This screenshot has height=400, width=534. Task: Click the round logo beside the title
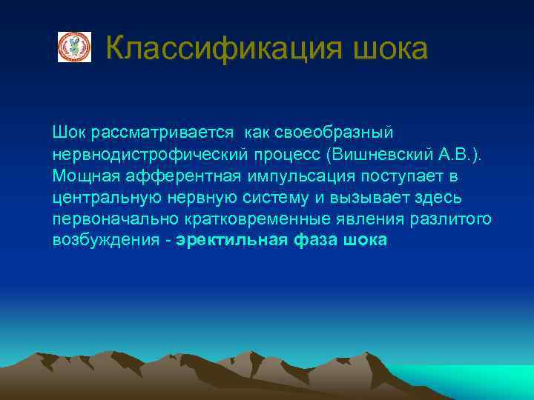pyautogui.click(x=74, y=47)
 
